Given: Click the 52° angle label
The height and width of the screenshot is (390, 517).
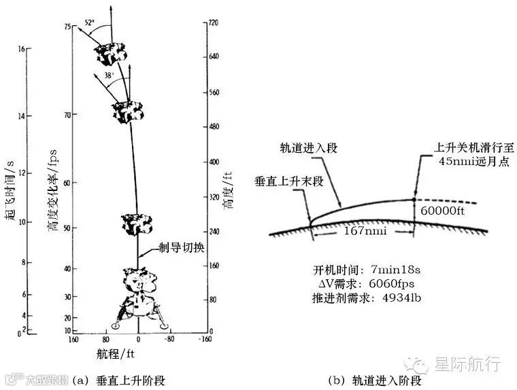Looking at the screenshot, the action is pyautogui.click(x=89, y=22).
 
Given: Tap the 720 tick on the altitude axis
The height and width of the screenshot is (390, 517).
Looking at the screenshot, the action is pyautogui.click(x=214, y=22).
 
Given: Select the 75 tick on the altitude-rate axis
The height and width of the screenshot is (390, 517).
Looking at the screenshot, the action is pyautogui.click(x=67, y=26).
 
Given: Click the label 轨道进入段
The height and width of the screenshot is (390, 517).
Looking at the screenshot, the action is pyautogui.click(x=309, y=147).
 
